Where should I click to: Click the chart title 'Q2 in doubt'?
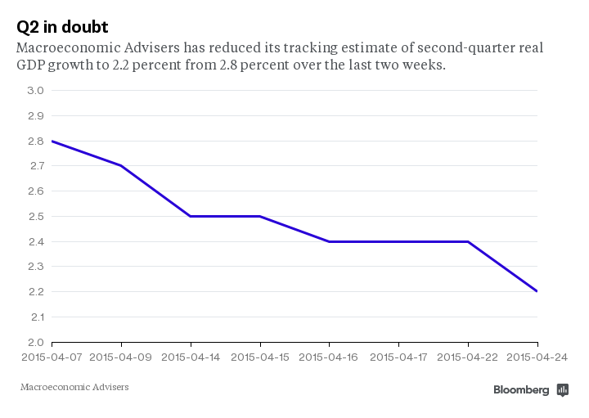click(x=62, y=26)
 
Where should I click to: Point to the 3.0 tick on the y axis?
click(x=35, y=91)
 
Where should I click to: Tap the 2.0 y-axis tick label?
click(x=35, y=343)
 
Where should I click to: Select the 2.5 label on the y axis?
click(x=35, y=217)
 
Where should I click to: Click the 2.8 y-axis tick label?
click(x=35, y=142)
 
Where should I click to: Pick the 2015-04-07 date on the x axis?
click(x=52, y=357)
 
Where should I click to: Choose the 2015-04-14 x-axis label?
click(x=191, y=357)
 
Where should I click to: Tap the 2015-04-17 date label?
click(x=398, y=357)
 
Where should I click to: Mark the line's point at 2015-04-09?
click(x=121, y=166)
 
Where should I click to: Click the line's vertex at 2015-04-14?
click(x=191, y=217)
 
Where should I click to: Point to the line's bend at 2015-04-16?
click(x=329, y=241)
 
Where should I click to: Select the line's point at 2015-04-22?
click(x=468, y=241)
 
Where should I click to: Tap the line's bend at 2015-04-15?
click(x=260, y=217)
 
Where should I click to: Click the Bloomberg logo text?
click(x=521, y=390)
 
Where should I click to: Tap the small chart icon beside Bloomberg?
click(x=562, y=390)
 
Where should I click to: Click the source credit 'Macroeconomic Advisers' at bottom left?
click(x=74, y=387)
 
